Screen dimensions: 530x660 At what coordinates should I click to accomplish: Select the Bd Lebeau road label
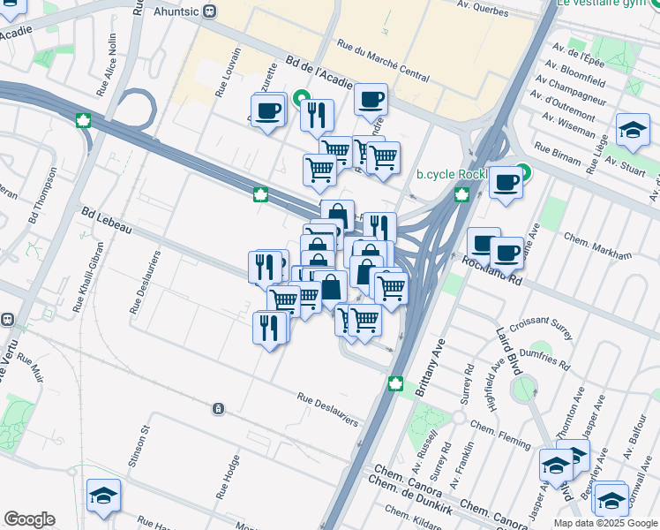click(x=106, y=221)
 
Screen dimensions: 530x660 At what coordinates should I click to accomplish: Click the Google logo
click(x=29, y=519)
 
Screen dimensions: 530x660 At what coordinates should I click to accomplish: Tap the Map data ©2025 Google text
click(x=605, y=523)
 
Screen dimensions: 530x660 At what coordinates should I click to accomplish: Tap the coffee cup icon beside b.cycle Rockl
click(x=506, y=183)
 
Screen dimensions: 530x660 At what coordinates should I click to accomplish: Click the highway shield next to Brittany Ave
click(x=396, y=382)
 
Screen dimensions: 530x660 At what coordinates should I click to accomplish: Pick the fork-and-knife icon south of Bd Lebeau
click(x=270, y=328)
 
